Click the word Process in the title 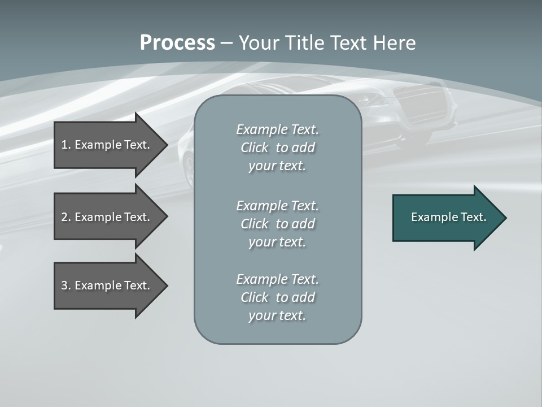(x=177, y=43)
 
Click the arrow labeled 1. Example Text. (x=107, y=145)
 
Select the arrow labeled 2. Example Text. (x=107, y=217)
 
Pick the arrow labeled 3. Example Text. (x=107, y=285)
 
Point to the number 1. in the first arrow (x=65, y=145)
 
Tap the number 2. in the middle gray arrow (x=65, y=217)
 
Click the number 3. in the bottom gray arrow (x=65, y=285)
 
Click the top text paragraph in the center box (x=277, y=148)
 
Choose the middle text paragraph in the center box (x=277, y=224)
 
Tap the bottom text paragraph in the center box (x=277, y=297)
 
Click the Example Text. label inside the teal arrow (x=449, y=217)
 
